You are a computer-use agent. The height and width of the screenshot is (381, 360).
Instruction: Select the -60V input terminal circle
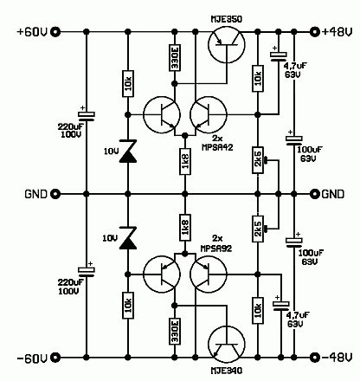pos(56,356)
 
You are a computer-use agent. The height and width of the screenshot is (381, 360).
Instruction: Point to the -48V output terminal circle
pos(313,356)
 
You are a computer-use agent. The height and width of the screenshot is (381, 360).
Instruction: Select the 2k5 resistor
pos(258,229)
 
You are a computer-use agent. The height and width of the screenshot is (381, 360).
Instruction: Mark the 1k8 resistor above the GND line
pos(185,162)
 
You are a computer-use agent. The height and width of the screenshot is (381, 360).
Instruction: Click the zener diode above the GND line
pos(128,153)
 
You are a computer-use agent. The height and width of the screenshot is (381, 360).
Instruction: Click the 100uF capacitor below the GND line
pos(293,242)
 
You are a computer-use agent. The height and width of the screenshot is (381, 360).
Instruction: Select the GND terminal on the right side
pos(313,194)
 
